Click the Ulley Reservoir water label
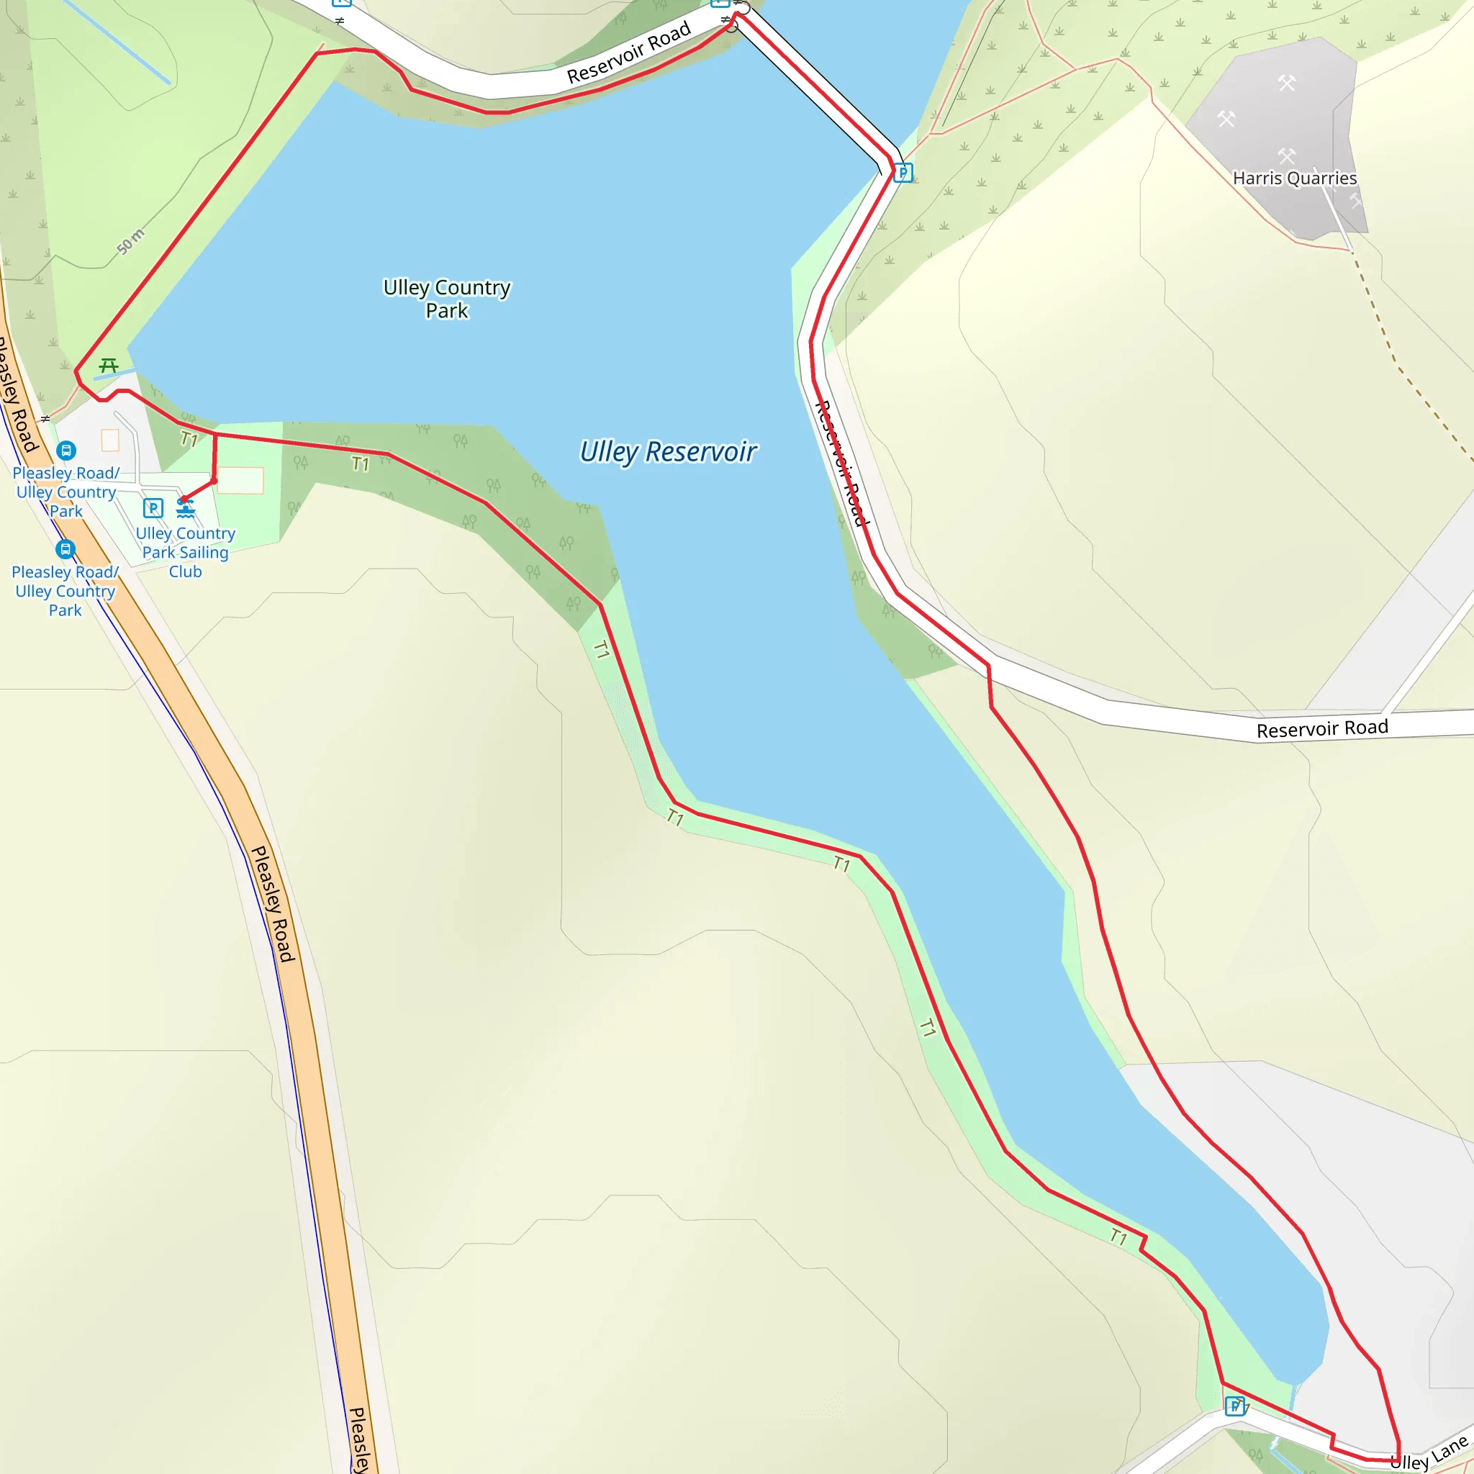(x=668, y=452)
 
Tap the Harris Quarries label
(x=1294, y=178)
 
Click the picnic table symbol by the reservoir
(x=109, y=366)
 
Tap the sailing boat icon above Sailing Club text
(x=186, y=508)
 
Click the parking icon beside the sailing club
(x=153, y=507)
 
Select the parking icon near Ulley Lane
(x=1234, y=1406)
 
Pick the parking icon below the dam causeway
(x=903, y=173)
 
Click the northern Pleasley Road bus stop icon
(x=66, y=451)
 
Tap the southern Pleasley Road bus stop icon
(x=65, y=549)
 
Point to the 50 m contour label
(x=130, y=241)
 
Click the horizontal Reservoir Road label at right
(x=1321, y=729)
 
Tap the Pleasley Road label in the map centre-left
(x=272, y=903)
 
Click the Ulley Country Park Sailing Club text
(x=186, y=552)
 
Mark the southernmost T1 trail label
(x=1118, y=1236)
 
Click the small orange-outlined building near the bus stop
(x=110, y=440)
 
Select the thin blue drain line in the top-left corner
(x=114, y=41)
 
